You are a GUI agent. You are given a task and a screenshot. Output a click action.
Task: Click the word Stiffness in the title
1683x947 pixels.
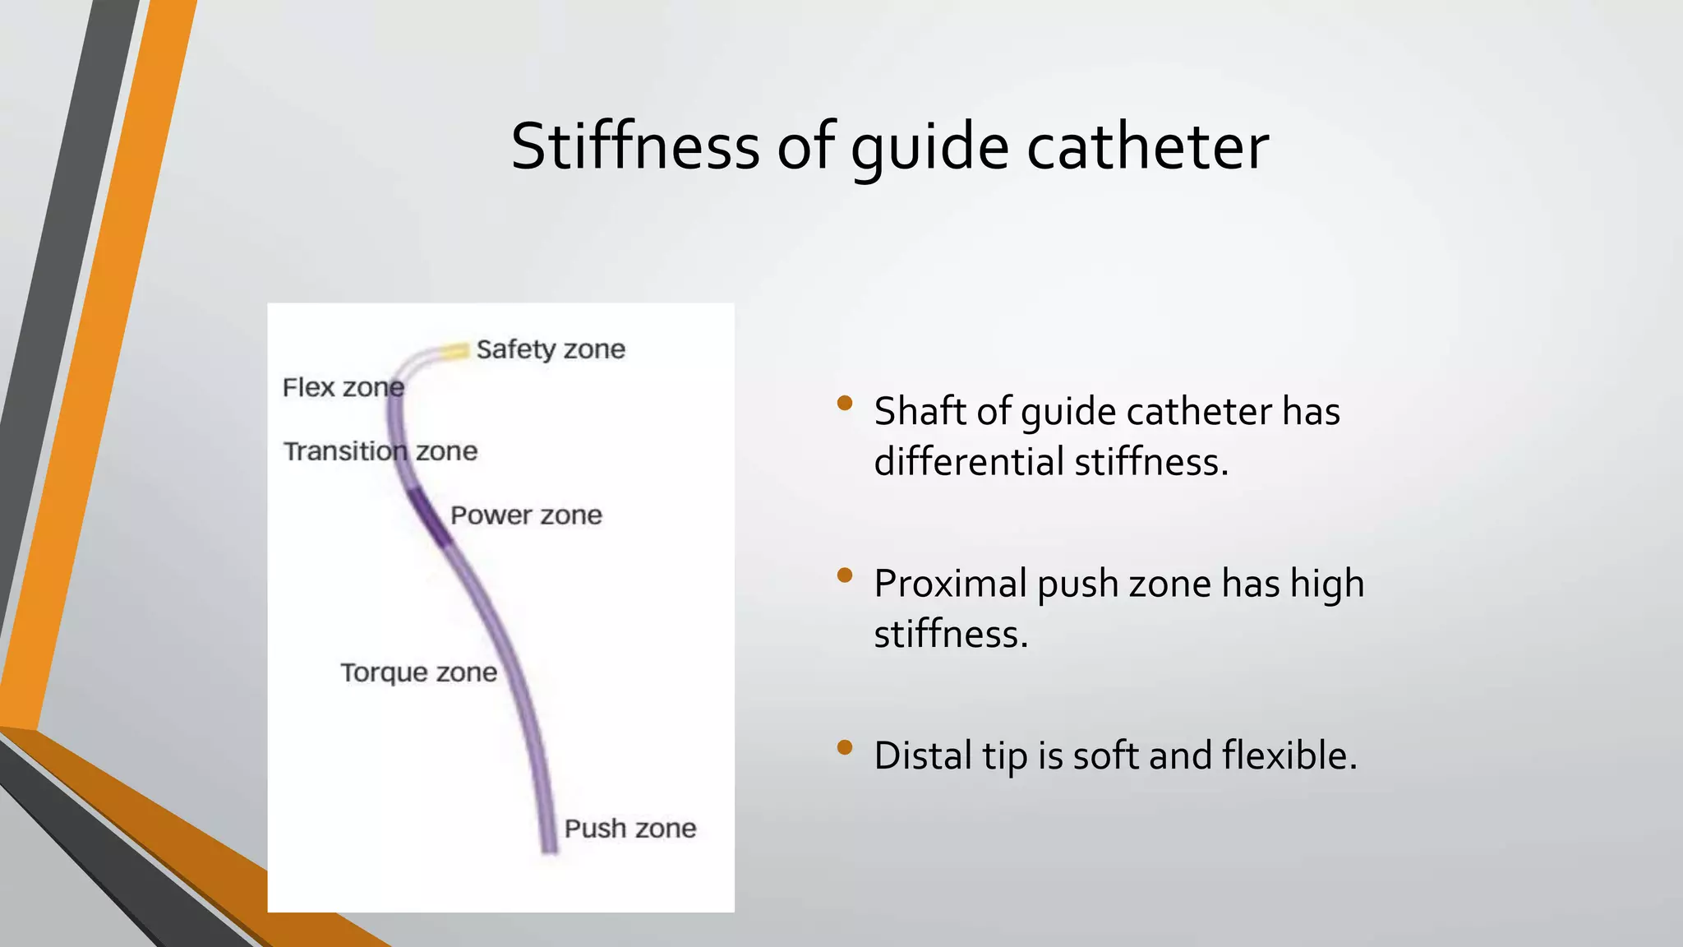point(634,147)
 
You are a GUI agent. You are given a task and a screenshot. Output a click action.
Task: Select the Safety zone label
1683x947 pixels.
point(551,349)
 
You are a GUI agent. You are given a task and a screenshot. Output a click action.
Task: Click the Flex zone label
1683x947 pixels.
point(343,387)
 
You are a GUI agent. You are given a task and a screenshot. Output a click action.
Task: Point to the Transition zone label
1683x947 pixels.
point(380,451)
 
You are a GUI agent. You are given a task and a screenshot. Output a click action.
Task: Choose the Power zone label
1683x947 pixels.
point(526,515)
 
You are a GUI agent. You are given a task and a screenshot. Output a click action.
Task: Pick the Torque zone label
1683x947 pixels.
point(418,672)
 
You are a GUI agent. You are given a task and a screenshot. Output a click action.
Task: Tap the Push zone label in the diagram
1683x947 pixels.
point(629,828)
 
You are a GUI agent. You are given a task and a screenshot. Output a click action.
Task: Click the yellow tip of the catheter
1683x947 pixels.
point(453,352)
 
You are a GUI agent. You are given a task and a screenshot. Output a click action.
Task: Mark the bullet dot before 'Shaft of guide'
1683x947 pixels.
point(844,403)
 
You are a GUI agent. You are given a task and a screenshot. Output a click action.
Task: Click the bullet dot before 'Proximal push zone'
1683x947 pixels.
point(844,575)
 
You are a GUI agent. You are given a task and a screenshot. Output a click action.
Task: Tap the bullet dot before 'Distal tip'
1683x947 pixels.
point(844,747)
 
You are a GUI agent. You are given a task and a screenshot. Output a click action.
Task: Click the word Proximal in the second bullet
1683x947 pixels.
point(950,584)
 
